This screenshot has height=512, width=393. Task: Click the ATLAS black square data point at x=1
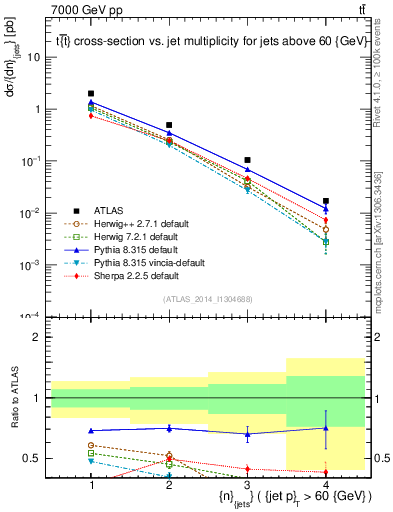pos(91,93)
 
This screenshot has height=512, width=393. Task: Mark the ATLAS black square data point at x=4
pos(325,201)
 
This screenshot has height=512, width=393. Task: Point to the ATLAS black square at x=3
pos(247,160)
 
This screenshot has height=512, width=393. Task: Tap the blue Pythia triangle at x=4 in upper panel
pos(325,210)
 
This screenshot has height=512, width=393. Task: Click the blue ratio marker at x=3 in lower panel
pos(247,434)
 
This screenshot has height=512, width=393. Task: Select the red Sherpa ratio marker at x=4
pos(325,472)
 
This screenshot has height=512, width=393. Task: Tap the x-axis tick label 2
pos(169,485)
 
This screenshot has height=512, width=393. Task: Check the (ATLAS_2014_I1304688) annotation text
pos(208,297)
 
